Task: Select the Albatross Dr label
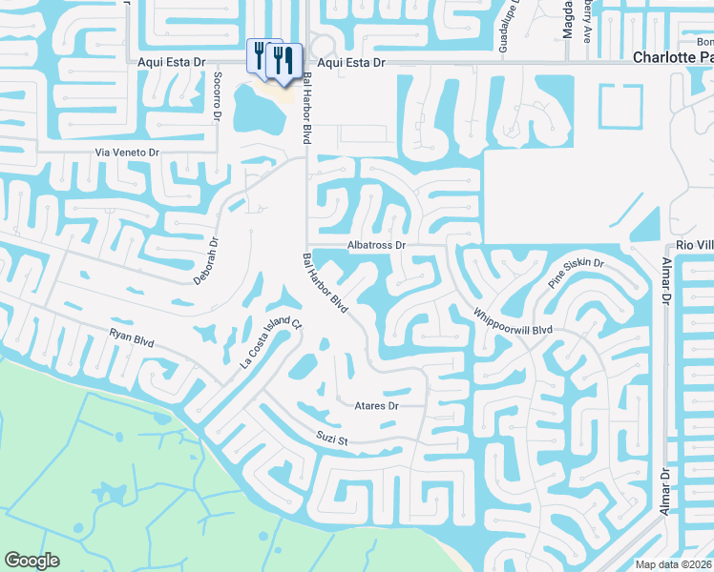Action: pos(377,245)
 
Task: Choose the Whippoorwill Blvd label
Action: pos(514,320)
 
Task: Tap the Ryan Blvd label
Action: pos(132,337)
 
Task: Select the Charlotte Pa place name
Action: pos(673,58)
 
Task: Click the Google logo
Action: pos(31,561)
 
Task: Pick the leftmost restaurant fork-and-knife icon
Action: pos(260,53)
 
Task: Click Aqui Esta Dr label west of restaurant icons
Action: pos(172,62)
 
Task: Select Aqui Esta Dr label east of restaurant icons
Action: pos(350,62)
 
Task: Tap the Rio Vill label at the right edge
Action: pos(695,245)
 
